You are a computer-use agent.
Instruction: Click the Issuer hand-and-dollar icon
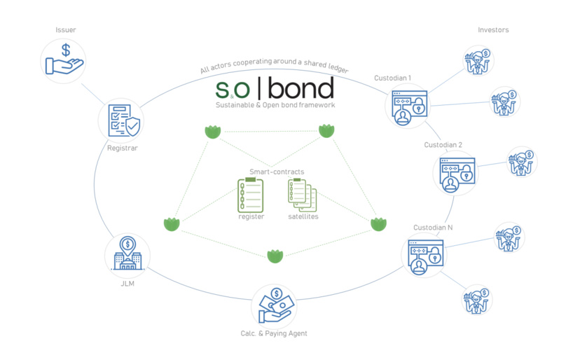[64, 60]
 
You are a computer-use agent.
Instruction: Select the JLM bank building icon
[127, 255]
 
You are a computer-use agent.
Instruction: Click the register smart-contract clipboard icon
[251, 195]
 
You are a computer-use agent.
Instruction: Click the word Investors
[493, 30]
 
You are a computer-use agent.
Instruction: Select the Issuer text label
[66, 30]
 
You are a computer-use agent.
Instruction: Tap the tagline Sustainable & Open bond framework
[275, 105]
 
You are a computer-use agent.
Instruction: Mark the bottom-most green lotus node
[275, 256]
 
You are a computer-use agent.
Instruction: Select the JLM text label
[127, 284]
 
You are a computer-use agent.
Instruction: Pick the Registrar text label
[123, 148]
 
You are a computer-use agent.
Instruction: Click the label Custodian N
[432, 228]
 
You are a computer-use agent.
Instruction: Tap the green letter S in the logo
[223, 90]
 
